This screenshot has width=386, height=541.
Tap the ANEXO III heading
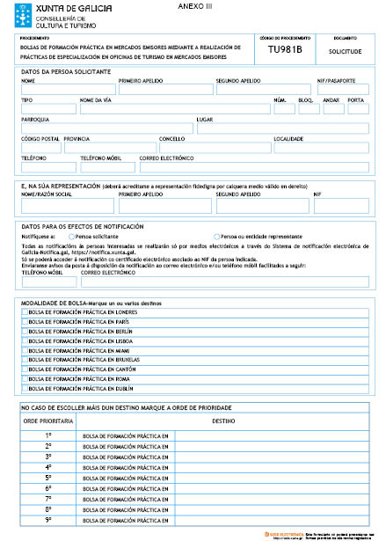pos(190,6)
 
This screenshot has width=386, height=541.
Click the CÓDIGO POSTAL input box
pos(40,147)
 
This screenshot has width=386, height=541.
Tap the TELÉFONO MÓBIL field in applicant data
pos(107,166)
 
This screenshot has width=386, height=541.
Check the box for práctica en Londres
pos(25,312)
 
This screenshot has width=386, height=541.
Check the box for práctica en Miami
pos(25,350)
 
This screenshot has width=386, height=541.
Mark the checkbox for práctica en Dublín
pos(25,388)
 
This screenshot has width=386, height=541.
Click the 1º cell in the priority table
pos(48,435)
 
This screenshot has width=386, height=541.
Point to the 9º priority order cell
pos(48,520)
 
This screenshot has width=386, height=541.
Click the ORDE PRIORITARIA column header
pos(48,421)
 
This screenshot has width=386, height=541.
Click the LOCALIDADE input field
pos(320,147)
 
